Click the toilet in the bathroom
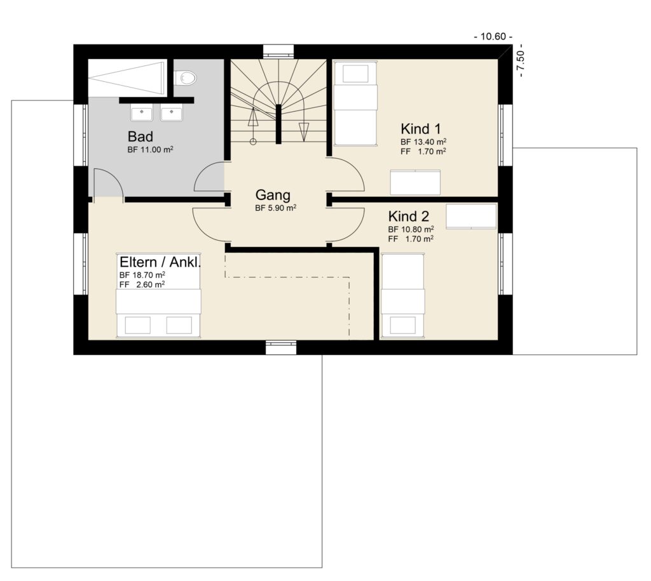pos(185,77)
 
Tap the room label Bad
pos(140,137)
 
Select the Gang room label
pos(273,195)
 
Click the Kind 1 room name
pos(421,128)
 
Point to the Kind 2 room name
pos(409,217)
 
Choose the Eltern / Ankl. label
pos(160,262)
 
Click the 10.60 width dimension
pos(493,36)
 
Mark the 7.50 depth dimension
pos(521,63)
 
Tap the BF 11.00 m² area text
pos(150,150)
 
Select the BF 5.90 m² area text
pos(276,208)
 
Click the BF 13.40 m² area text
pos(423,142)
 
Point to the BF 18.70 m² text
pos(142,275)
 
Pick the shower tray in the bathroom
pos(127,78)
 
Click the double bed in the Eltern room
pos(158,312)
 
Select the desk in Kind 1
pos(415,182)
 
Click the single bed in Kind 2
pos(402,295)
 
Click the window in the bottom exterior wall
pos(281,347)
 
